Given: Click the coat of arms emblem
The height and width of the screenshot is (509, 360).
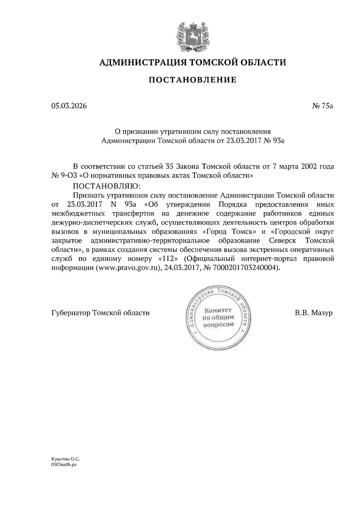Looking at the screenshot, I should pyautogui.click(x=192, y=36).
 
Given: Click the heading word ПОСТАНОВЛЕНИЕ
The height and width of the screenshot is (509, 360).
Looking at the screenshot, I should pyautogui.click(x=193, y=80).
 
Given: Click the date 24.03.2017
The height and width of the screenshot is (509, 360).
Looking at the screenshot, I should pyautogui.click(x=182, y=268).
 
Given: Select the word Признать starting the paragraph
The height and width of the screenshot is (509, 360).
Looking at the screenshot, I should pyautogui.click(x=87, y=195).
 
